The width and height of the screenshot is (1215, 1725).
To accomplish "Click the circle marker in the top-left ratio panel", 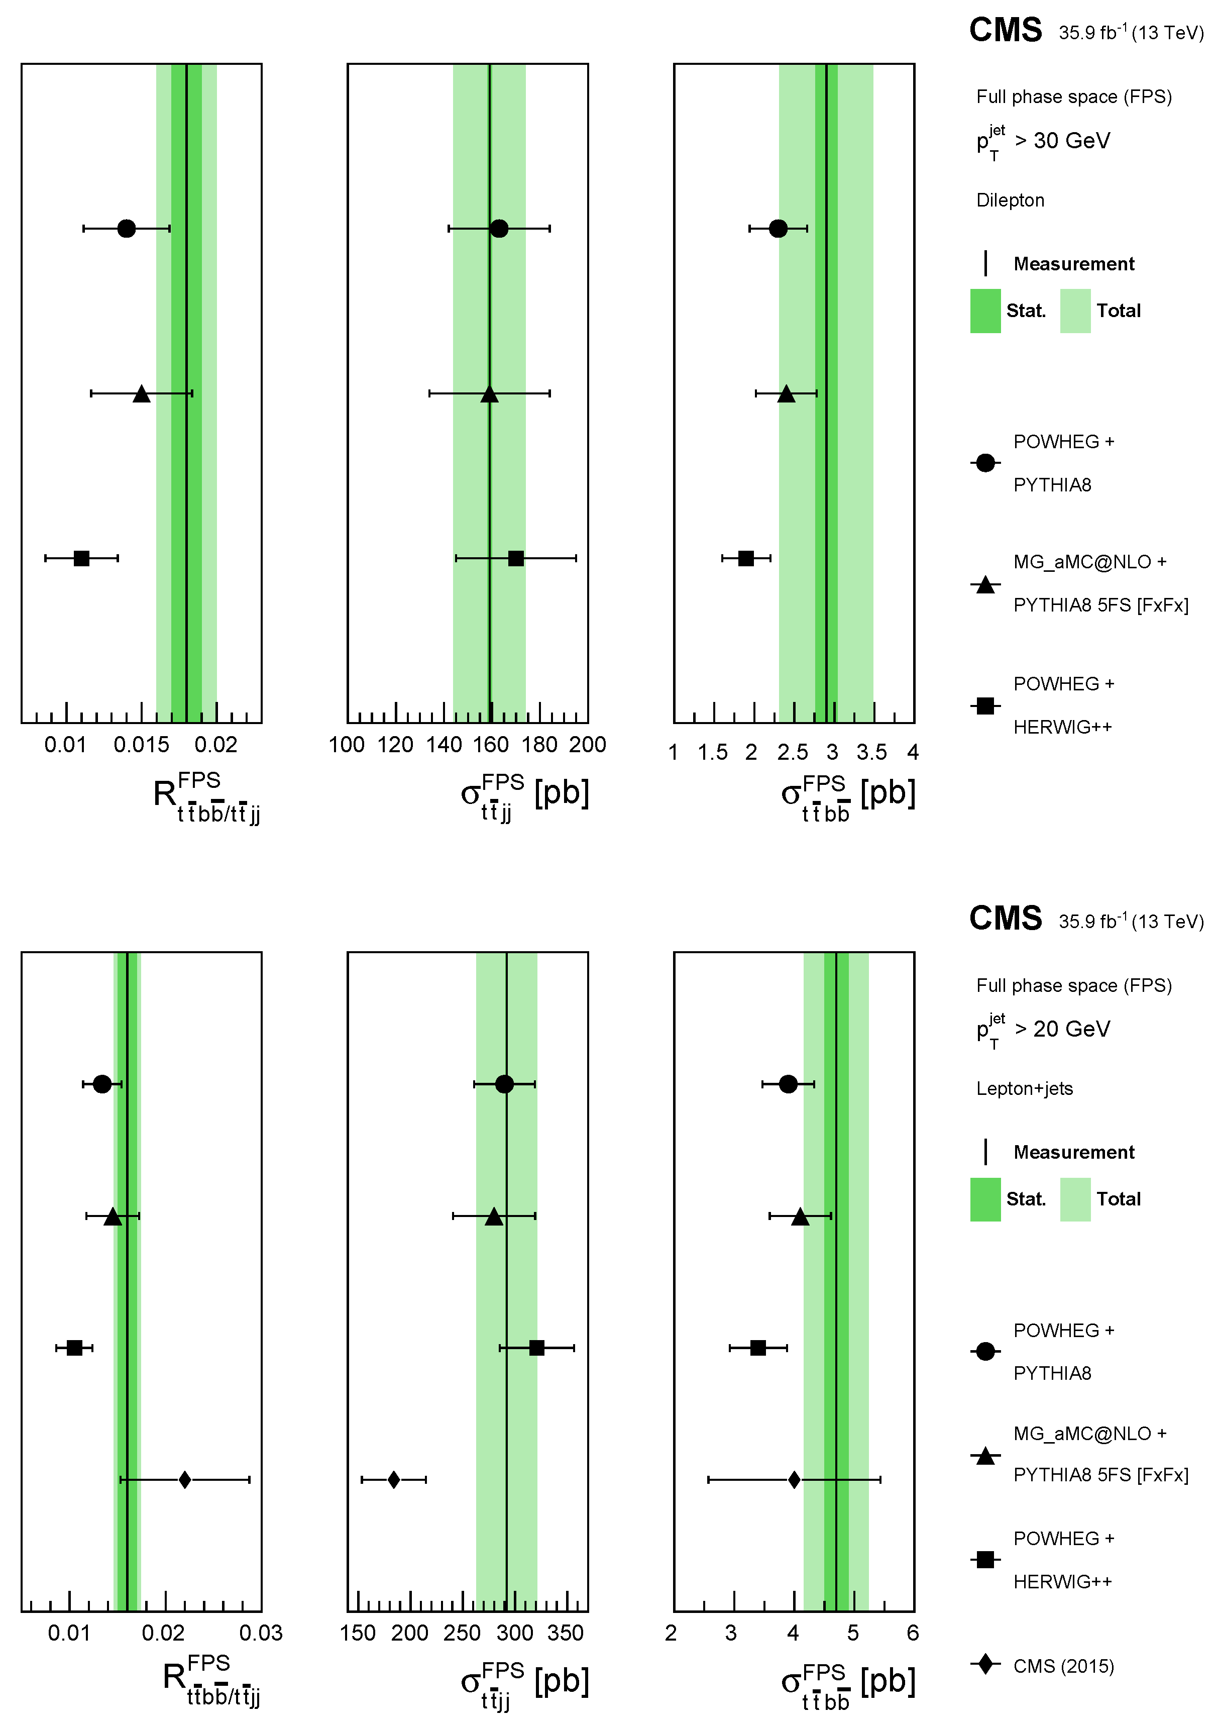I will click(x=126, y=229).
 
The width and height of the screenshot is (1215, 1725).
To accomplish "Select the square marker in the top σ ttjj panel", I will click(x=516, y=558).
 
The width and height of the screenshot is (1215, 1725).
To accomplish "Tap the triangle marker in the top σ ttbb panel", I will click(x=786, y=393).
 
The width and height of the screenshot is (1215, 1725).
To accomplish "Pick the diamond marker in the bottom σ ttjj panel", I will click(x=393, y=1480).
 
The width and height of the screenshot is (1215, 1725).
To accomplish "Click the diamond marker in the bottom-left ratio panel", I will click(x=185, y=1480).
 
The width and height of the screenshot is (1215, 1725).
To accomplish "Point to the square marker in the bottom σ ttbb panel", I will click(x=758, y=1348).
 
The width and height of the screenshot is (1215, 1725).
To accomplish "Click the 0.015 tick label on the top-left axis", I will click(x=141, y=745).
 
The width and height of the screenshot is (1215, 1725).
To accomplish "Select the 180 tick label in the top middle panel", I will click(x=539, y=745).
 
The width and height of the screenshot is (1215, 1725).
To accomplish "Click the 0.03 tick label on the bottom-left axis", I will click(x=261, y=1634).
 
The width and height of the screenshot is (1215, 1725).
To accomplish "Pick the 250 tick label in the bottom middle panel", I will click(x=462, y=1634).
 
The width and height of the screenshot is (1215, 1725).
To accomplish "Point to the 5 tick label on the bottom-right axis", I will click(x=853, y=1634).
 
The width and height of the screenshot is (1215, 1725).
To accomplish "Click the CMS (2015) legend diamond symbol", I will click(x=985, y=1664).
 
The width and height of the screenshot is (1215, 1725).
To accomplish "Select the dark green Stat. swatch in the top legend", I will click(x=985, y=311).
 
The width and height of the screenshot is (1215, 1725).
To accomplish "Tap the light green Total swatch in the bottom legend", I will click(x=1075, y=1199).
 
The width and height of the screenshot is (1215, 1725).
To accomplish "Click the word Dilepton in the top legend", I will click(x=1010, y=200).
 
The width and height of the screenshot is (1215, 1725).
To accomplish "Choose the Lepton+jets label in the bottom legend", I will click(x=1024, y=1089).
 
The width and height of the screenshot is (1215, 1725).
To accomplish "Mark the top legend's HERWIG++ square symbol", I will click(x=985, y=705).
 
